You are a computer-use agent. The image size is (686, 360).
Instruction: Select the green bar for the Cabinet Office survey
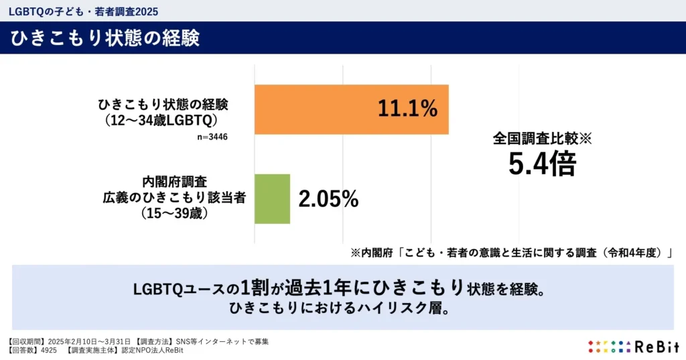tap(272, 198)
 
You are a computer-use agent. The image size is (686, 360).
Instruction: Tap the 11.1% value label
tap(407, 109)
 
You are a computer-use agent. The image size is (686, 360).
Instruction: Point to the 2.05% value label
tap(328, 199)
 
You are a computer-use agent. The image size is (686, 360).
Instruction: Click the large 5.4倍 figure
tap(541, 164)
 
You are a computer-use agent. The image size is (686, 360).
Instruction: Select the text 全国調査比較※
tap(543, 139)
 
